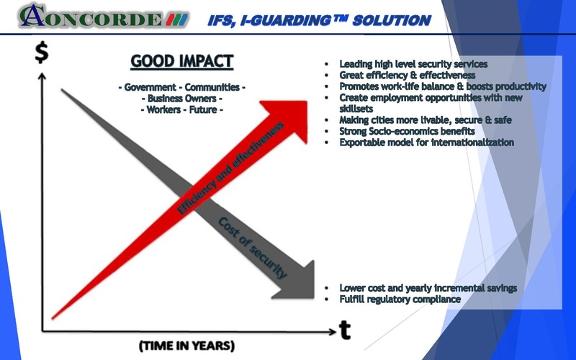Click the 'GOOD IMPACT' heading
coord(181,61)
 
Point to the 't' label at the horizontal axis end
coord(345,329)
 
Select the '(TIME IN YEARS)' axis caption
coord(186,346)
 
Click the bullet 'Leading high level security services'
coord(413,64)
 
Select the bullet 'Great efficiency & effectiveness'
coord(408,75)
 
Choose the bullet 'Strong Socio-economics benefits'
coord(407,131)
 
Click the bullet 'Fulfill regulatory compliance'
coord(400,299)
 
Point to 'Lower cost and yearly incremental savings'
coord(428,288)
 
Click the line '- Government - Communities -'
coord(181,88)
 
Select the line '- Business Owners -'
coord(181,99)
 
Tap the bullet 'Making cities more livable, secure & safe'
coord(426,120)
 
